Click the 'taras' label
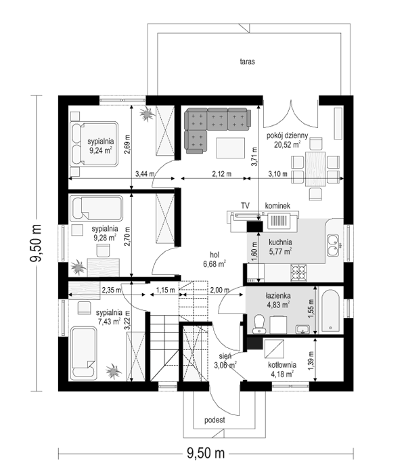click(247, 62)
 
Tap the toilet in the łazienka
click(259, 324)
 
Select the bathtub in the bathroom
click(330, 311)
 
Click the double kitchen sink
click(334, 245)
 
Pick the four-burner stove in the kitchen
click(298, 273)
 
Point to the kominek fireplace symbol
click(279, 220)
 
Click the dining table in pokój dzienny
click(315, 169)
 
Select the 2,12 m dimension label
click(222, 174)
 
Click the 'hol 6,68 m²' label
click(215, 259)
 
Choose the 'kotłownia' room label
click(282, 365)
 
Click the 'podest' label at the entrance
click(215, 420)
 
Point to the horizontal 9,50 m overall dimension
click(206, 454)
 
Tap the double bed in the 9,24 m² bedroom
click(93, 144)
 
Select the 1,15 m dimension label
click(165, 290)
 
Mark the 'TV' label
click(245, 206)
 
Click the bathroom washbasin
click(302, 329)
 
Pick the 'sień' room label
click(225, 356)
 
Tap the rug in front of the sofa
click(231, 148)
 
